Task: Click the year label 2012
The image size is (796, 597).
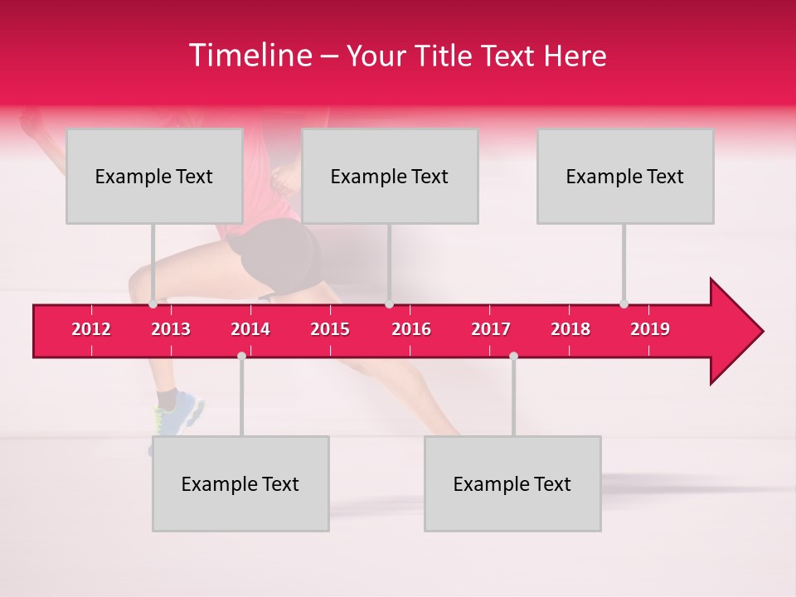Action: pyautogui.click(x=91, y=329)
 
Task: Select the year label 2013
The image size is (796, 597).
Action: pyautogui.click(x=171, y=329)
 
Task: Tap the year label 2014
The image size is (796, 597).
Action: pyautogui.click(x=250, y=329)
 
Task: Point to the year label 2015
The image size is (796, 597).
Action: pyautogui.click(x=330, y=329)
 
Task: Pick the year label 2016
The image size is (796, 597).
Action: pyautogui.click(x=411, y=329)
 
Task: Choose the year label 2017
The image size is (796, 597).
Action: pyautogui.click(x=491, y=329)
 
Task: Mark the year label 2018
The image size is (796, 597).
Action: pyautogui.click(x=570, y=329)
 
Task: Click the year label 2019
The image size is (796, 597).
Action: pyautogui.click(x=650, y=329)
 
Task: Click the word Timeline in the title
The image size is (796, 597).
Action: pyautogui.click(x=250, y=56)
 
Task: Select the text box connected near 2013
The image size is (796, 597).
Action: pyautogui.click(x=154, y=176)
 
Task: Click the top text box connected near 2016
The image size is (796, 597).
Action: pyautogui.click(x=390, y=176)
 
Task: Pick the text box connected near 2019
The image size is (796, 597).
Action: pyautogui.click(x=625, y=176)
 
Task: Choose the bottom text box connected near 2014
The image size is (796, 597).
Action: pyautogui.click(x=240, y=483)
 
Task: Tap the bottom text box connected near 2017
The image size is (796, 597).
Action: pyautogui.click(x=512, y=483)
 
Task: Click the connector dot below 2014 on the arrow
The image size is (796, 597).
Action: pyautogui.click(x=241, y=356)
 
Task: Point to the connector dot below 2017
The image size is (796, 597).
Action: pyautogui.click(x=513, y=356)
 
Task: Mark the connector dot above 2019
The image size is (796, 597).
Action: pyautogui.click(x=624, y=303)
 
